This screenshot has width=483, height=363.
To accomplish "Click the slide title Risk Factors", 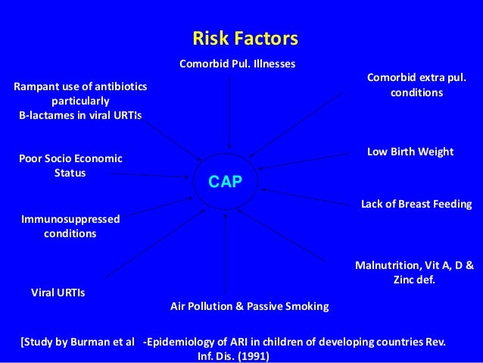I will pos(245,38).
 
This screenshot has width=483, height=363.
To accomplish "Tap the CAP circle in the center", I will pos(225,181).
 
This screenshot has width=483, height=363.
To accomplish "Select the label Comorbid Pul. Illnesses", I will pos(237,62).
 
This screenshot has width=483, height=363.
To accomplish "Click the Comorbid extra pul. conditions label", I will pos(416,85).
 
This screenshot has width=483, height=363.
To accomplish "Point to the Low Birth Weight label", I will pos(410,152).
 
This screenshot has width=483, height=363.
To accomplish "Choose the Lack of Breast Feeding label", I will pos(416,204).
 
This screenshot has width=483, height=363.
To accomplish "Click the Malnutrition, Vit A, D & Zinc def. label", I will pos(414,272).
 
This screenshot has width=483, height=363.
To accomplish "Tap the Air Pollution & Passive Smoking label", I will pos(249,306).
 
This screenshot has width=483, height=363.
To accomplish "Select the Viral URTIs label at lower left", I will pos(58,292).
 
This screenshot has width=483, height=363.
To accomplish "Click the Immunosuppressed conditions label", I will pos(70,226).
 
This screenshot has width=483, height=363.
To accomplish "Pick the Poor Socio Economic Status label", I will pos(70,165).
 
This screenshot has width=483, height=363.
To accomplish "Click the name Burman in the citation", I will pos(78,342).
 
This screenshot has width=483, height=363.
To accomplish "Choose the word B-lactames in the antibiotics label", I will pos(47,115).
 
